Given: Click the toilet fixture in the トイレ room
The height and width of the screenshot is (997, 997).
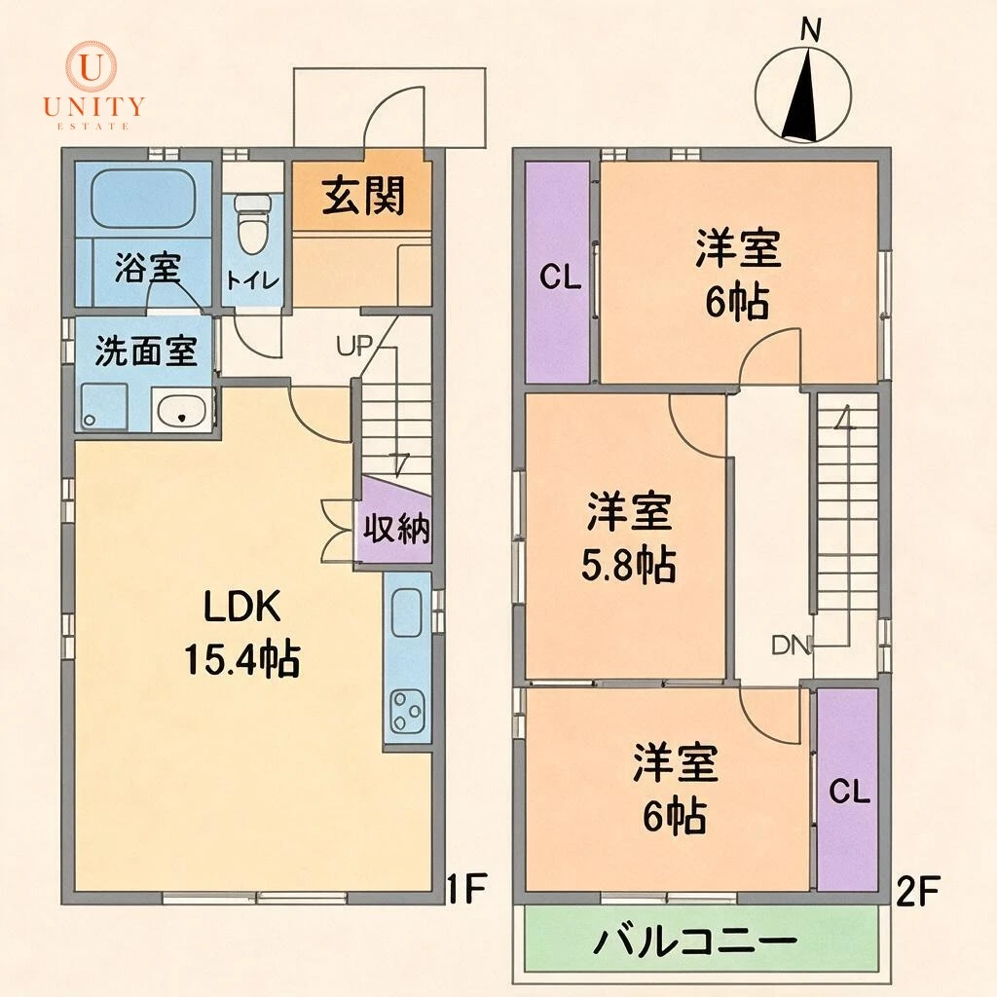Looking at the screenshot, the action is pos(251,223).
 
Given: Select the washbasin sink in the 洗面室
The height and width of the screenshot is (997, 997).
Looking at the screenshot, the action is pos(183,411).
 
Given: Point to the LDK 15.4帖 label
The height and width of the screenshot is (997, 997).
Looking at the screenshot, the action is pos(242,633).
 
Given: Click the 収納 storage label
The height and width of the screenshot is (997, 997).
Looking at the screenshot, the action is pos(395,528).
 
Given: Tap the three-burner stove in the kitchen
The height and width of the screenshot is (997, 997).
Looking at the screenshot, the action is pos(407,710).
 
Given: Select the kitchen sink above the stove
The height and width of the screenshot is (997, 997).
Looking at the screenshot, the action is pos(407,611).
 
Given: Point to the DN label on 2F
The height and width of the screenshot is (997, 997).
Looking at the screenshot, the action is pos(791,646).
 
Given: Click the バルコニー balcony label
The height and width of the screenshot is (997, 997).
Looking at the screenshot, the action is pos(694,941).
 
